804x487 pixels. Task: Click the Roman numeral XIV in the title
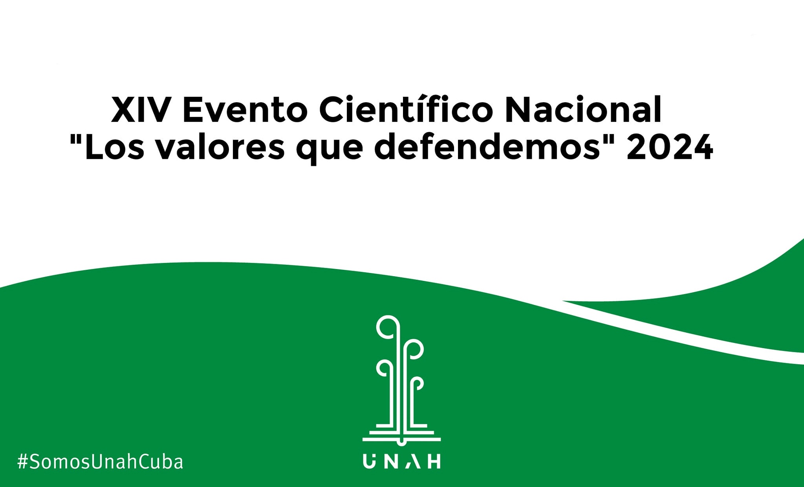point(141,110)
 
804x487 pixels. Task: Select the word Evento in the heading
point(245,110)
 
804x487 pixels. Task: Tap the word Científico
point(406,108)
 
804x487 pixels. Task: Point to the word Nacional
point(584,109)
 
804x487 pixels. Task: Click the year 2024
point(670,147)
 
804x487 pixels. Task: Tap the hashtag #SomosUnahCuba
point(100,461)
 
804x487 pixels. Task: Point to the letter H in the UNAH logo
point(434,461)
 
